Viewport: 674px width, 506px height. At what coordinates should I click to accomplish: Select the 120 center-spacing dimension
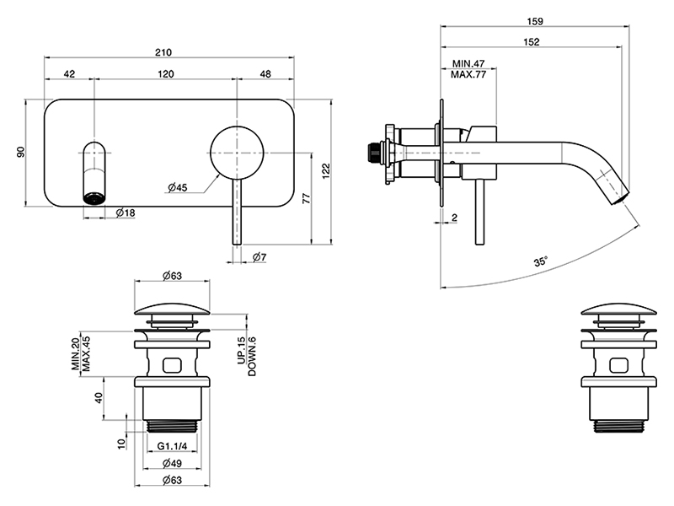point(165,74)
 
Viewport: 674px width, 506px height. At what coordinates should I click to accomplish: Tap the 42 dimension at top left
point(69,74)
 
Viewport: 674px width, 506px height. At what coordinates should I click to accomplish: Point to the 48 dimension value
point(265,74)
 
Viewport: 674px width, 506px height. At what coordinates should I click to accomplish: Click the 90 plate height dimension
point(22,152)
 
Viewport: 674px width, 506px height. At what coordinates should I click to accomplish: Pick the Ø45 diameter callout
point(177,187)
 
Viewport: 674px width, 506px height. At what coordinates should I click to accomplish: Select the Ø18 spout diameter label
point(126,213)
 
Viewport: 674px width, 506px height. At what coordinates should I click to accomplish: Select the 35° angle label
point(540,262)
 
